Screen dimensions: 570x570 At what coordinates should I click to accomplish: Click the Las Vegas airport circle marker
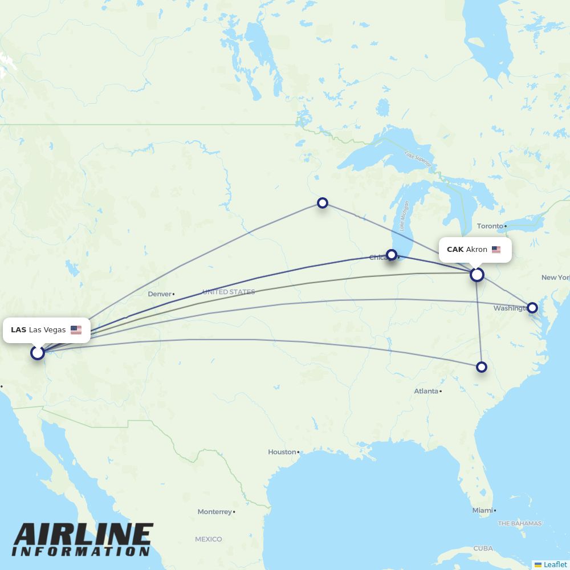click(x=38, y=353)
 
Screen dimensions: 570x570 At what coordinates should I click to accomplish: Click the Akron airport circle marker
click(x=477, y=275)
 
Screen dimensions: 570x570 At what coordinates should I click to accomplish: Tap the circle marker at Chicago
click(x=392, y=255)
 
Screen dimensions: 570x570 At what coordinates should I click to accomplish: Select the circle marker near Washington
click(x=532, y=308)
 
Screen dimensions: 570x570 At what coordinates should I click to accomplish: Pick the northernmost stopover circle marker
click(x=323, y=203)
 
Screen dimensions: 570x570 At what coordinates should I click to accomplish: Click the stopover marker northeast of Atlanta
click(x=482, y=367)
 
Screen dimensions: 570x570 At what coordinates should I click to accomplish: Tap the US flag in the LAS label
click(x=76, y=330)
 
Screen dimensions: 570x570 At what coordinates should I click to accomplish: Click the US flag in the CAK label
click(x=496, y=250)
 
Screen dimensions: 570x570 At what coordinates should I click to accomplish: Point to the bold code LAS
click(x=18, y=330)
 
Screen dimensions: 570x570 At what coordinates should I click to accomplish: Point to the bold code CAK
click(x=455, y=250)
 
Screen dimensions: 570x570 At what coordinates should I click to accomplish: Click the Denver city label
click(x=160, y=294)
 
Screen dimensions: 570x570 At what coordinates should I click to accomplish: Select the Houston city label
click(x=282, y=452)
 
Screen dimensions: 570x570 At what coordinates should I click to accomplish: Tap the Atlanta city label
click(x=426, y=391)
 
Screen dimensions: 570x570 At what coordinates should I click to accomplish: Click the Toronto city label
click(x=490, y=226)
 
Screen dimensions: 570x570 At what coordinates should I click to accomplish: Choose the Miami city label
click(x=482, y=511)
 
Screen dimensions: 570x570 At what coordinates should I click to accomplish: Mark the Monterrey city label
click(x=215, y=512)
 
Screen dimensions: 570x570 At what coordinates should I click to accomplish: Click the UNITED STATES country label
click(x=229, y=292)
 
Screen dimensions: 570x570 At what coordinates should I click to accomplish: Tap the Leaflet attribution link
click(x=555, y=564)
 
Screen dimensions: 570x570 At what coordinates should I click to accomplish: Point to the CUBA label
click(x=483, y=548)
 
